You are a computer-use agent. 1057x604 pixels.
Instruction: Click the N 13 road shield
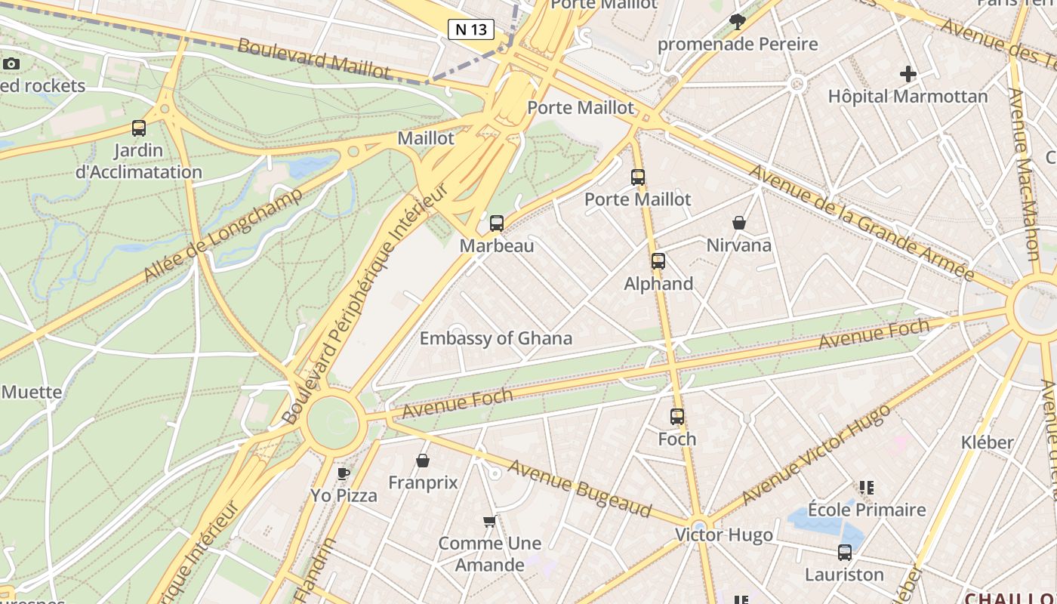tap(471, 29)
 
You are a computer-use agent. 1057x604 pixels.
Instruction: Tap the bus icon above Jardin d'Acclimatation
tap(138, 128)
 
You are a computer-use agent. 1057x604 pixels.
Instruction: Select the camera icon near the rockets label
tap(11, 63)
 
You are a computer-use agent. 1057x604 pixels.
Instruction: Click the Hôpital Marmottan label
tap(908, 97)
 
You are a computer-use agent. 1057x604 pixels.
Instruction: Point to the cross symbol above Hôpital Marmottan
tap(908, 74)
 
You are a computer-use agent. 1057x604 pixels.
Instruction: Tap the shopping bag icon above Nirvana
tap(739, 223)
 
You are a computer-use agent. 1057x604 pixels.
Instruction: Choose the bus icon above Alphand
tap(658, 261)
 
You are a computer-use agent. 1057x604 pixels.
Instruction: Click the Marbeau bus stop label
tap(497, 245)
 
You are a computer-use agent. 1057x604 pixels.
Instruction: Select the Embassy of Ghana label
tap(496, 338)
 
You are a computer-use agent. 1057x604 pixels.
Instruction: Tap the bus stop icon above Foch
tap(677, 416)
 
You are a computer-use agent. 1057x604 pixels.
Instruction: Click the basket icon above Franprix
tap(423, 460)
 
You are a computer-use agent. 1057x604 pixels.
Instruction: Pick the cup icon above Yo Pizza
tap(344, 473)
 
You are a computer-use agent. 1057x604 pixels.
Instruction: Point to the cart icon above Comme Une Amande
tap(490, 521)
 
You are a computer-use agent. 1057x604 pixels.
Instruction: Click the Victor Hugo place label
tap(723, 535)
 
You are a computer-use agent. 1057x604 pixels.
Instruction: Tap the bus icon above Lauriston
tap(844, 553)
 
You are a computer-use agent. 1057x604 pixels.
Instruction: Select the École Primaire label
tap(867, 510)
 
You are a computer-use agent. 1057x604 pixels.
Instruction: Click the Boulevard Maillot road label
tap(314, 58)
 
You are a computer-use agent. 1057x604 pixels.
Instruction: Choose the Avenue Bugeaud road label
tap(579, 488)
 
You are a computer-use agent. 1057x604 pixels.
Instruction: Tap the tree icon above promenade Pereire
tap(738, 21)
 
